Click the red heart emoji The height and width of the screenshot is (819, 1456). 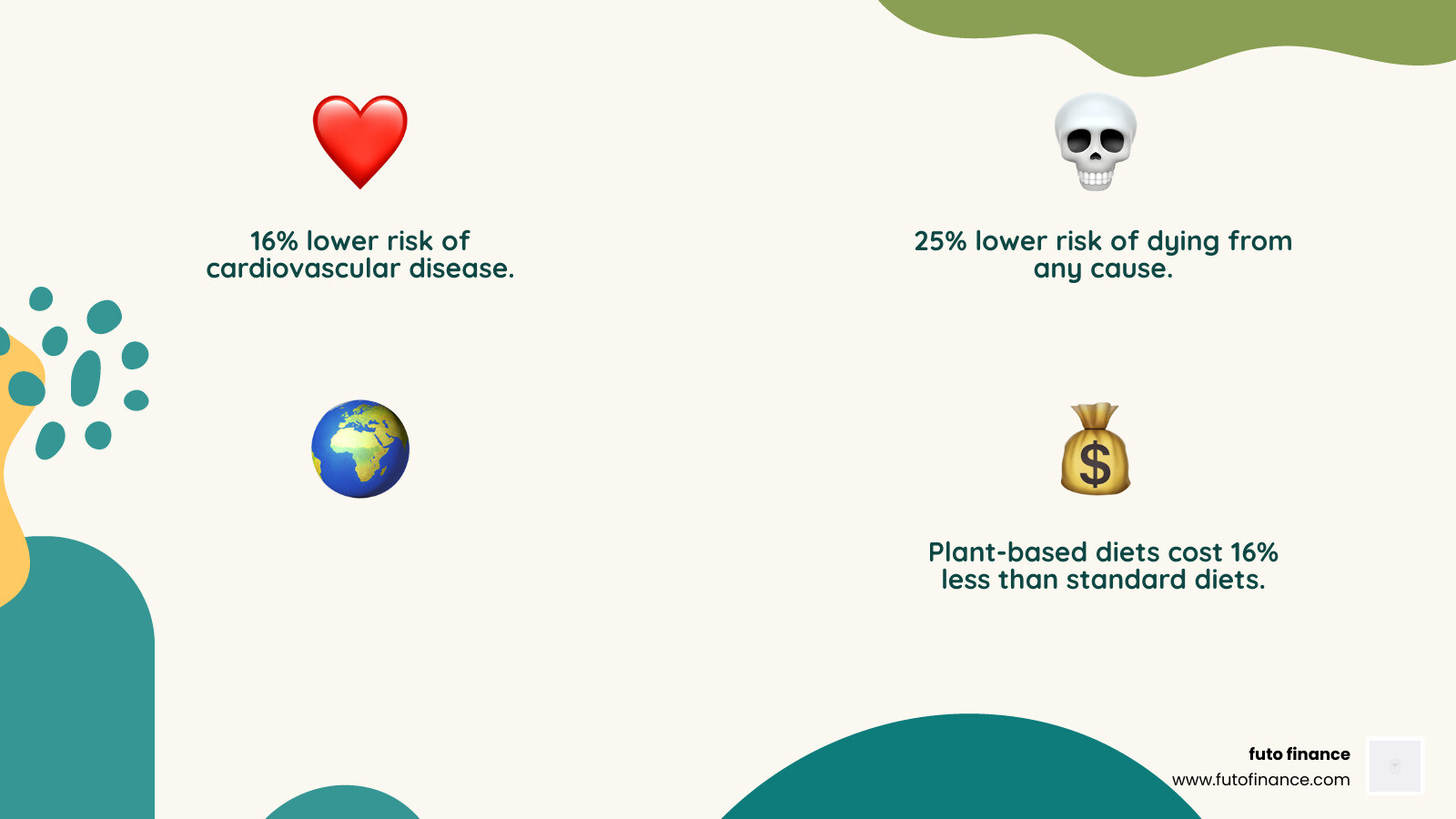point(360,140)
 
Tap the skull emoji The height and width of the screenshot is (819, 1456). point(1096,141)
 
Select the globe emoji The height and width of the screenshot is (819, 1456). point(360,449)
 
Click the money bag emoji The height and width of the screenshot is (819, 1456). point(1096,450)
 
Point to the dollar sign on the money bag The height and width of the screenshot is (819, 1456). point(1095,463)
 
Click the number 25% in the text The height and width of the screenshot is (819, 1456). point(940,241)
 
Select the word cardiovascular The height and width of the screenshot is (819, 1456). point(302,269)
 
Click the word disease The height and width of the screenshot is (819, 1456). point(461,269)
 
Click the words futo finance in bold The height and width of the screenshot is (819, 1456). point(1299,753)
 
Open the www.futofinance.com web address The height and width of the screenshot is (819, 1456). point(1260,780)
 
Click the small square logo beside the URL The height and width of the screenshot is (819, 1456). point(1395,765)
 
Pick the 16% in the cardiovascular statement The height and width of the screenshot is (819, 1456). point(274,241)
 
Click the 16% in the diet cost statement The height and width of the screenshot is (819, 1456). point(1254,552)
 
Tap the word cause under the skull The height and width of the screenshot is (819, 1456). point(1131,269)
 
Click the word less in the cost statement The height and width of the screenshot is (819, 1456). point(966,580)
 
